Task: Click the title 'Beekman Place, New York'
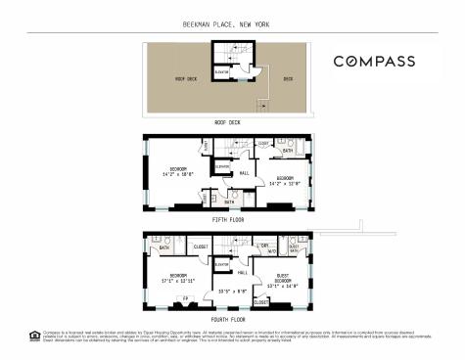point(232,23)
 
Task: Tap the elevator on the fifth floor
point(224,166)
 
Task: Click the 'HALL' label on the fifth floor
point(244,173)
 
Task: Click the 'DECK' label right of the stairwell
point(288,79)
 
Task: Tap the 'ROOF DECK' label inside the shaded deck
point(186,79)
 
